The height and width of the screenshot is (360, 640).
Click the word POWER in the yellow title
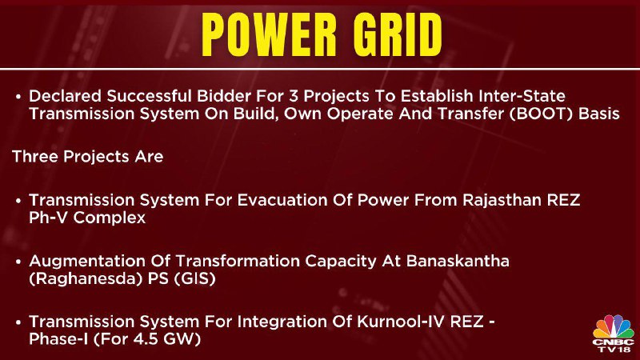tap(269, 34)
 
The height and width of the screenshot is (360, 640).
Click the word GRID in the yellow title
tap(398, 34)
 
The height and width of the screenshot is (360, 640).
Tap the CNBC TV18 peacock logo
tap(614, 333)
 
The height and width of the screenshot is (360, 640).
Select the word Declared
tap(66, 96)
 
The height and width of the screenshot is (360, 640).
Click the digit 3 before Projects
tap(294, 96)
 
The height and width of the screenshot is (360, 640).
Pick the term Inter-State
tap(522, 96)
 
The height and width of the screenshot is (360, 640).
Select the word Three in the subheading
tap(35, 156)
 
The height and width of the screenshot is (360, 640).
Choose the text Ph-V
tap(49, 218)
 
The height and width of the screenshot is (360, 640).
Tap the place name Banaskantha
tap(458, 261)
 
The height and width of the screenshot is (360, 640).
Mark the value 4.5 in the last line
tap(147, 339)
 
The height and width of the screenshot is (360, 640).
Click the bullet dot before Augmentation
tap(18, 262)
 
